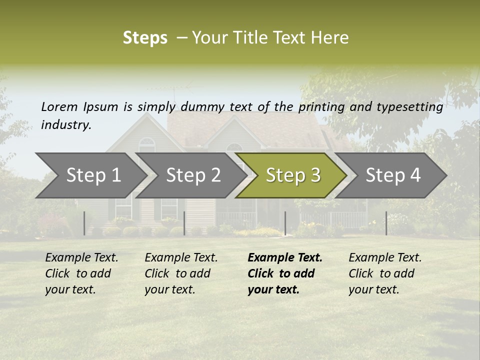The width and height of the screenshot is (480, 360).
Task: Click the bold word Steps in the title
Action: [145, 38]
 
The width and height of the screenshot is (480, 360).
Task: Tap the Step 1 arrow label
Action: [93, 175]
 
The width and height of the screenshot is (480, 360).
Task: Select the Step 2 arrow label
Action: [193, 175]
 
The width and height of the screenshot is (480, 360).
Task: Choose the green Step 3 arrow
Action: [292, 175]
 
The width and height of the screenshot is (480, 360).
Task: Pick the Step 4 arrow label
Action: [392, 175]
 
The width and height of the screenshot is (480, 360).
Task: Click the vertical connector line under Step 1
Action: [84, 223]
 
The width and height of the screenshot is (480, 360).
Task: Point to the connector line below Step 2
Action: [184, 223]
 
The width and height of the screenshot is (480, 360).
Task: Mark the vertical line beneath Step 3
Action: [285, 223]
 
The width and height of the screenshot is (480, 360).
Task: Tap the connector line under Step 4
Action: [386, 223]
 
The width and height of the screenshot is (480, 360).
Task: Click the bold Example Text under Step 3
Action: [285, 258]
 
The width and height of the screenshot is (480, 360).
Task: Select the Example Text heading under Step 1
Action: [81, 258]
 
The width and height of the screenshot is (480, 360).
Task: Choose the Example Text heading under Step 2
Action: [181, 258]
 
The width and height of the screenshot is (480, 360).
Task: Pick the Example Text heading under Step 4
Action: [385, 258]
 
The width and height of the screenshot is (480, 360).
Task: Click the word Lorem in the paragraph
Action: [59, 106]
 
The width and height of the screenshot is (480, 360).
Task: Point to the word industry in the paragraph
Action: [65, 125]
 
